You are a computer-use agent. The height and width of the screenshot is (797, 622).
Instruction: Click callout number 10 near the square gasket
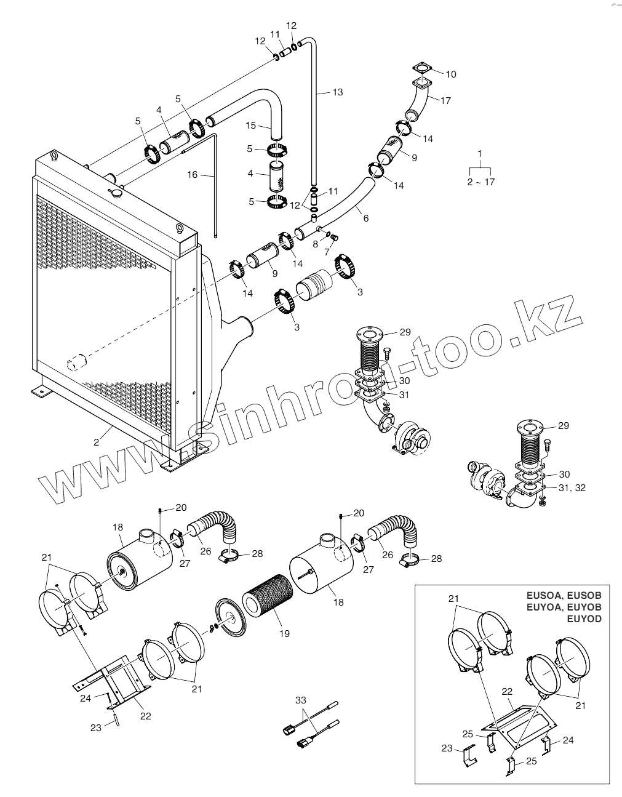pos(451,74)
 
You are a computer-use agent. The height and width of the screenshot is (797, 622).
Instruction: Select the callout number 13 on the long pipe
pos(337,92)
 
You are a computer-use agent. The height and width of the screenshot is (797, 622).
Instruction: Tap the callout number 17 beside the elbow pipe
pos(445,100)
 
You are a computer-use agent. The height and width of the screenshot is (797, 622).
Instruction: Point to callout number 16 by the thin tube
pos(193,175)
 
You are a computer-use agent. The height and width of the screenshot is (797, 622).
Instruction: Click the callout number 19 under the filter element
pos(284,633)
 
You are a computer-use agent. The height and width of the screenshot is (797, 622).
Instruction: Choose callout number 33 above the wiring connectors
pos(300,700)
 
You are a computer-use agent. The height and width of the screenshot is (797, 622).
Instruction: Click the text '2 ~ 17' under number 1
pos(480,182)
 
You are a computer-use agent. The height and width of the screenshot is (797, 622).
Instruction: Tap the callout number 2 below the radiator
pos(96,441)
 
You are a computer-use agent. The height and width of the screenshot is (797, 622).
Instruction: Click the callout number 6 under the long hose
pos(366,218)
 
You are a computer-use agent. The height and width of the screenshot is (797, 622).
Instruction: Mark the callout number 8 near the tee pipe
pos(316,244)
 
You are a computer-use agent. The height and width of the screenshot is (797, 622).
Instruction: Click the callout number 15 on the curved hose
pos(250,126)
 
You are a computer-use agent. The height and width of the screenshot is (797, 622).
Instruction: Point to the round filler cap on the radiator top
pos(115,193)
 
